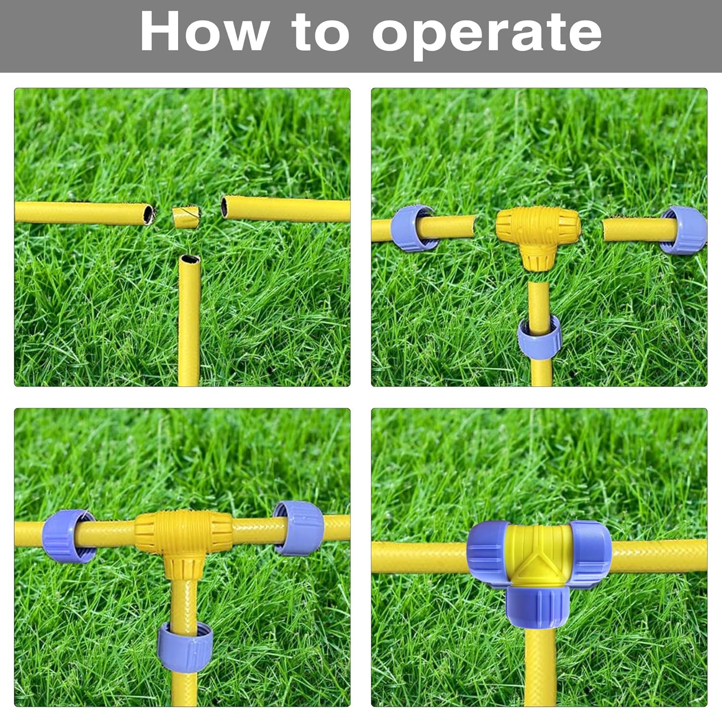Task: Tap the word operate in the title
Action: coord(487,34)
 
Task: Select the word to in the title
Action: coord(320,31)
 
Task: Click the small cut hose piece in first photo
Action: coord(186,218)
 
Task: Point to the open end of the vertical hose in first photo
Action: coord(189,259)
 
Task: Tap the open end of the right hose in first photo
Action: coord(225,207)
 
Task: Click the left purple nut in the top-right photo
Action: coord(412,228)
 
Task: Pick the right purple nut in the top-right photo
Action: coord(683,230)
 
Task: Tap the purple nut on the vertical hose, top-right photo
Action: coord(540,336)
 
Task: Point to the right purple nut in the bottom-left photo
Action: coord(298,528)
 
